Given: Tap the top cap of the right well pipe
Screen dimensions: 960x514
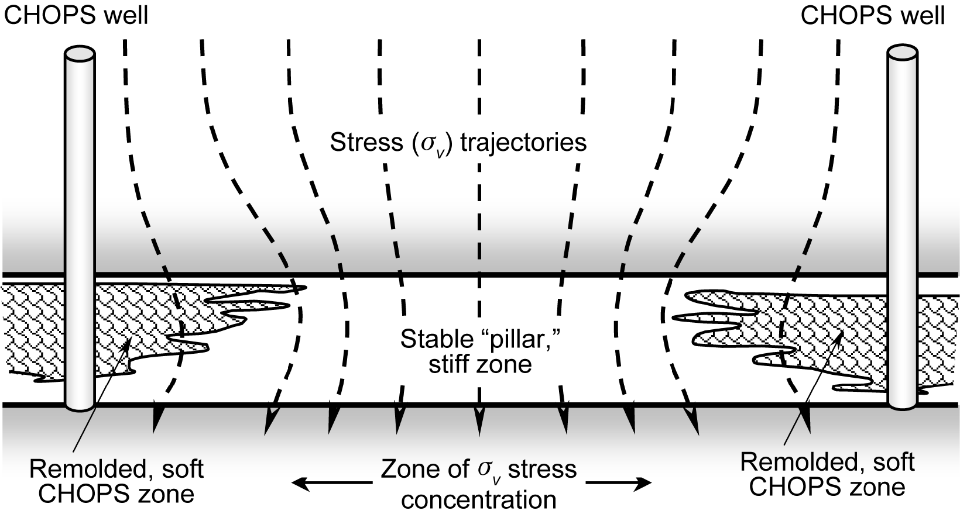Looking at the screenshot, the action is click(x=902, y=53).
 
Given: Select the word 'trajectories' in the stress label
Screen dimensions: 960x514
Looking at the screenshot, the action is click(x=523, y=143).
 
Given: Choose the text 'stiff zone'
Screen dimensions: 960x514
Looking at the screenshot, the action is click(x=480, y=364).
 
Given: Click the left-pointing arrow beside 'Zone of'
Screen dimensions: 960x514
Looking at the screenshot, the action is click(x=331, y=483).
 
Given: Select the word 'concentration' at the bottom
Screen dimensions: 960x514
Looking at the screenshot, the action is click(x=479, y=499).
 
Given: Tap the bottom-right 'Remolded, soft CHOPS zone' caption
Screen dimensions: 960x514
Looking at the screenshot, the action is click(x=827, y=474).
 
